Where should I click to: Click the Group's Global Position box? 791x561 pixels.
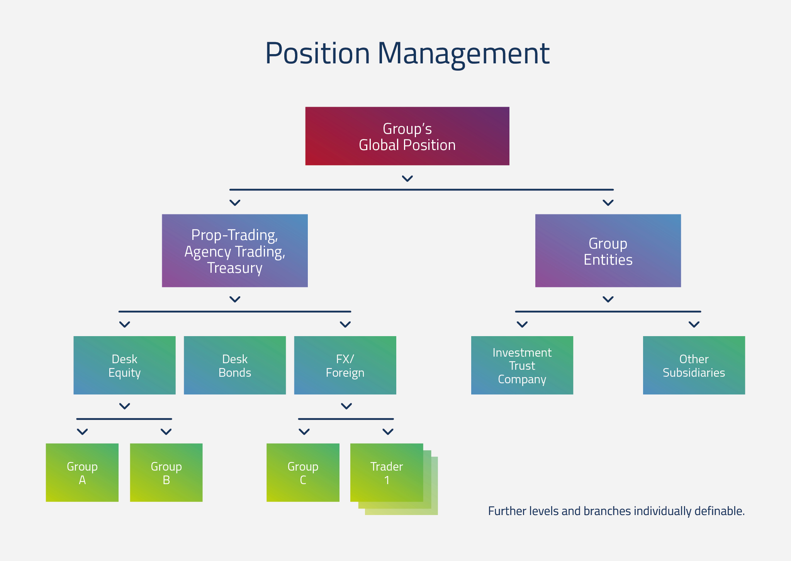407,136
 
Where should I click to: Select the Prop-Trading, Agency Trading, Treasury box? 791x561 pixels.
235,250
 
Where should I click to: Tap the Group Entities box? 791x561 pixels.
608,250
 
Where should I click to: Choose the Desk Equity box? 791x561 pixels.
124,365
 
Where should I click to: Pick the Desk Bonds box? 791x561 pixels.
235,365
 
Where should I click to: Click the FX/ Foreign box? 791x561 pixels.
345,365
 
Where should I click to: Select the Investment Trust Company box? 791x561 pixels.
522,365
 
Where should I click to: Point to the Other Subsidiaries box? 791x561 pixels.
694,365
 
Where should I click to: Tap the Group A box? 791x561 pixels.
82,473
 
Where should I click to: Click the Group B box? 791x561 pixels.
166,473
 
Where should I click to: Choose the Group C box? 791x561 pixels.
303,473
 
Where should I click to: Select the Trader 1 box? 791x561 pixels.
387,473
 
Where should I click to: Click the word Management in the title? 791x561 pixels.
463,54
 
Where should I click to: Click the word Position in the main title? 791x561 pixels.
317,53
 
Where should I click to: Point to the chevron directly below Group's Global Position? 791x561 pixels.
407,178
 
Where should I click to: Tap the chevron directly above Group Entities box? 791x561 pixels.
608,203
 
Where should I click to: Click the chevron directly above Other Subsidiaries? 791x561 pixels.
694,325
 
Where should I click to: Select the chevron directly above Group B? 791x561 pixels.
166,432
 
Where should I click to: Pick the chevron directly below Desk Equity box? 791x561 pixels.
124,406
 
